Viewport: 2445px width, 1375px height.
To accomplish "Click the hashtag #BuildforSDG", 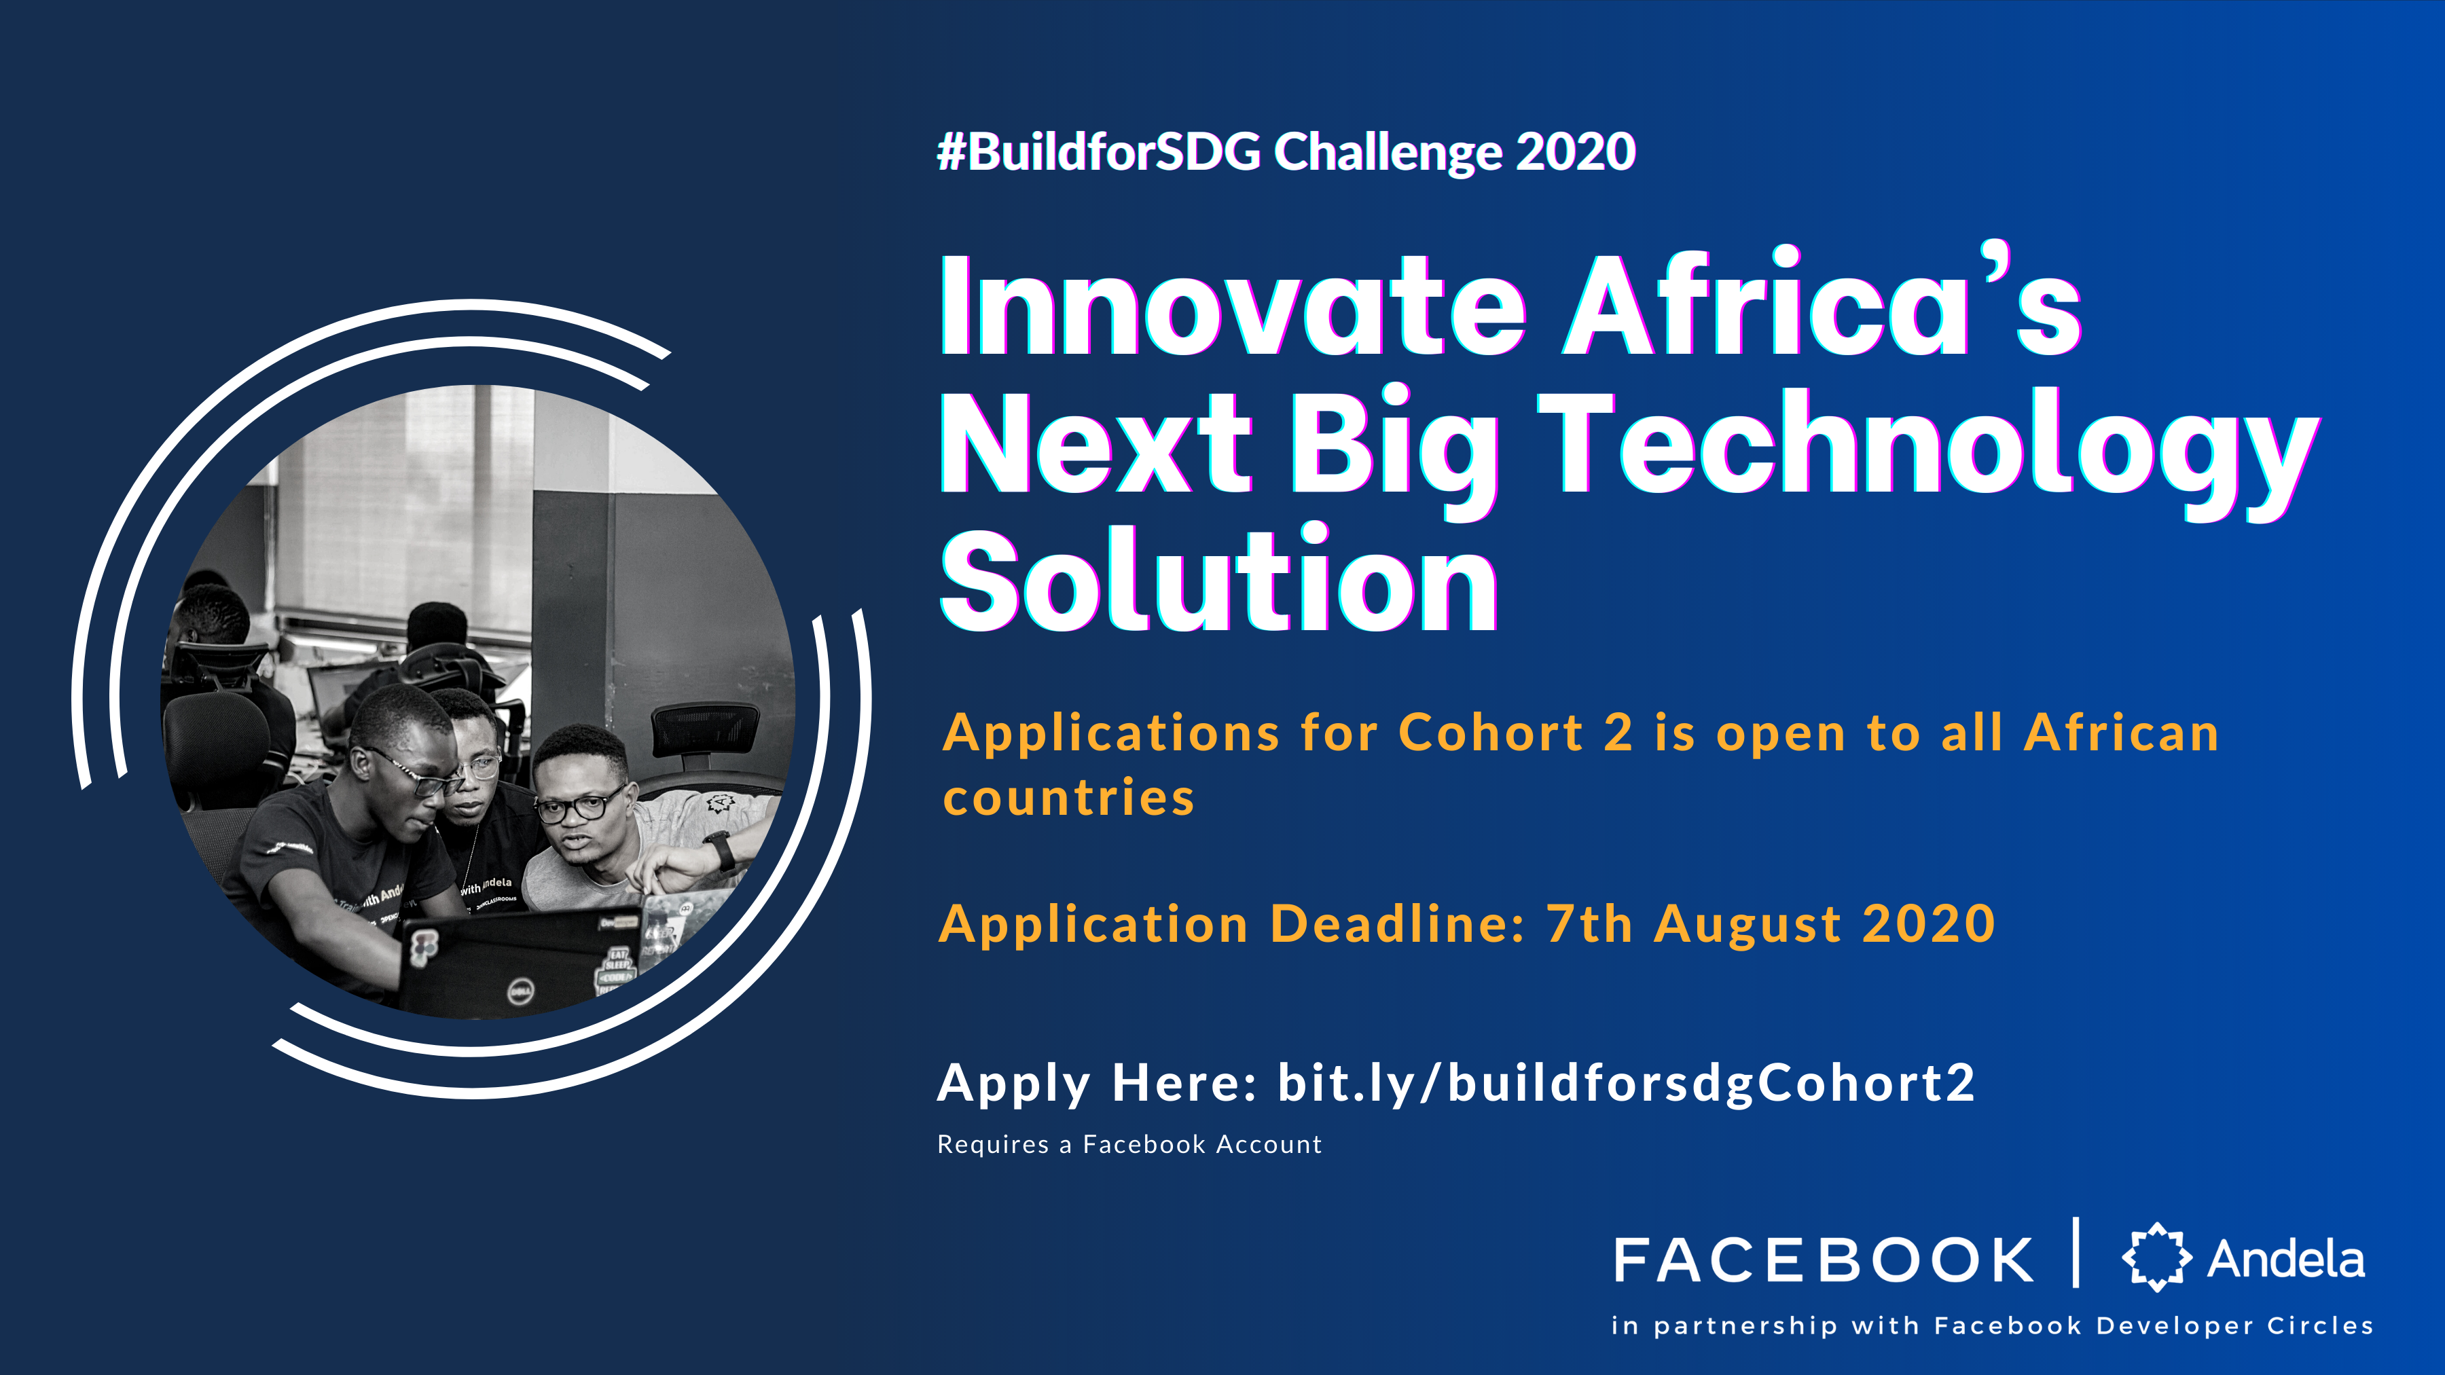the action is coord(1099,152).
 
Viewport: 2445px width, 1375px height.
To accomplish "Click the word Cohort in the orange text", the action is coord(1491,733).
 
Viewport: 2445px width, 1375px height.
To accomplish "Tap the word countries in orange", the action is coord(1069,798).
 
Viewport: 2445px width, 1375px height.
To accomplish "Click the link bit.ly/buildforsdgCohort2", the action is coord(1626,1084).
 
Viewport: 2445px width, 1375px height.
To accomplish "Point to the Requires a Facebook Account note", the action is coord(1129,1144).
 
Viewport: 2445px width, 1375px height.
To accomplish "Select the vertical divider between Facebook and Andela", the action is coord(2076,1253).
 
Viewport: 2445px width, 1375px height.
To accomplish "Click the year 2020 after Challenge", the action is coord(1576,152).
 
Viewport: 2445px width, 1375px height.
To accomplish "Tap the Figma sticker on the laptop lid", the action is coord(424,948).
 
